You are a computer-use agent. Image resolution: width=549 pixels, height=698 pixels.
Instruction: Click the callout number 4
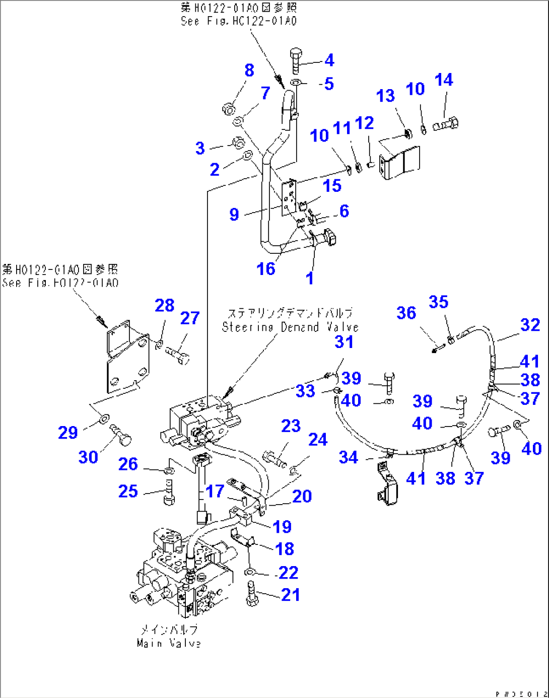tap(329, 60)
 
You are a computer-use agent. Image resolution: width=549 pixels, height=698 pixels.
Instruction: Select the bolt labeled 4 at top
tap(296, 60)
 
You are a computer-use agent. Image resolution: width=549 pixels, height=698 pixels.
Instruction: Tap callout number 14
tap(444, 80)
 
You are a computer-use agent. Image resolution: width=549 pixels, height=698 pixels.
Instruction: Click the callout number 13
tap(385, 96)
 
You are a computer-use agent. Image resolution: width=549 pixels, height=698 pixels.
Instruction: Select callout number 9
tap(234, 215)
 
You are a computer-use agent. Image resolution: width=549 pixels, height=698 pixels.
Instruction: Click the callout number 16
tap(266, 269)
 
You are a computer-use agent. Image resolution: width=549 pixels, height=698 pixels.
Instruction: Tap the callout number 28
tap(165, 306)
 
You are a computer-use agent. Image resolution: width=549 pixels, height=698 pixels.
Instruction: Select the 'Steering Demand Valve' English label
tap(290, 327)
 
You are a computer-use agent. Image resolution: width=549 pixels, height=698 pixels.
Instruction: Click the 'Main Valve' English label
tap(169, 643)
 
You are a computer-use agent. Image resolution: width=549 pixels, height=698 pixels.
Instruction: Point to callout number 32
tap(530, 325)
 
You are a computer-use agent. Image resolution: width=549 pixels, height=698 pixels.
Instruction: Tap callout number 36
tap(406, 313)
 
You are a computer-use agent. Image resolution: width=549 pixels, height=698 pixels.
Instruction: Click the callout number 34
tap(349, 457)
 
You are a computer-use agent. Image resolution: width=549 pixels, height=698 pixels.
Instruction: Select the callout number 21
tap(291, 595)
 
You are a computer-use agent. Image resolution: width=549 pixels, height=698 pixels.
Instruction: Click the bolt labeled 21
tap(252, 594)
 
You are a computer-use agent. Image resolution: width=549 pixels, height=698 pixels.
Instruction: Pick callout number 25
tap(128, 491)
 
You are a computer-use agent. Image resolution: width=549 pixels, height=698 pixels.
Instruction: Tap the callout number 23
tap(291, 426)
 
